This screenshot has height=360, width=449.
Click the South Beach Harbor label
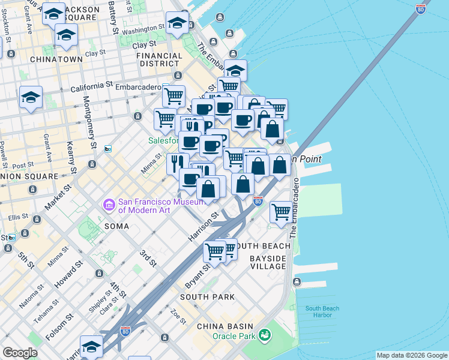coord(322,312)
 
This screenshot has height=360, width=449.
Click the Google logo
coord(20,353)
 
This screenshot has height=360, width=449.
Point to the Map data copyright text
coord(411,355)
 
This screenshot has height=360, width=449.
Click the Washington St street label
coord(143,29)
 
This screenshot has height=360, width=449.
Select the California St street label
coord(91,88)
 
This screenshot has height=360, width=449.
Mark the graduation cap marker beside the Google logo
coord(91,347)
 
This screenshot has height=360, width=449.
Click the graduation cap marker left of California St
coord(31,97)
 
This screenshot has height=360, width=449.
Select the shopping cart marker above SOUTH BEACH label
coord(214,251)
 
